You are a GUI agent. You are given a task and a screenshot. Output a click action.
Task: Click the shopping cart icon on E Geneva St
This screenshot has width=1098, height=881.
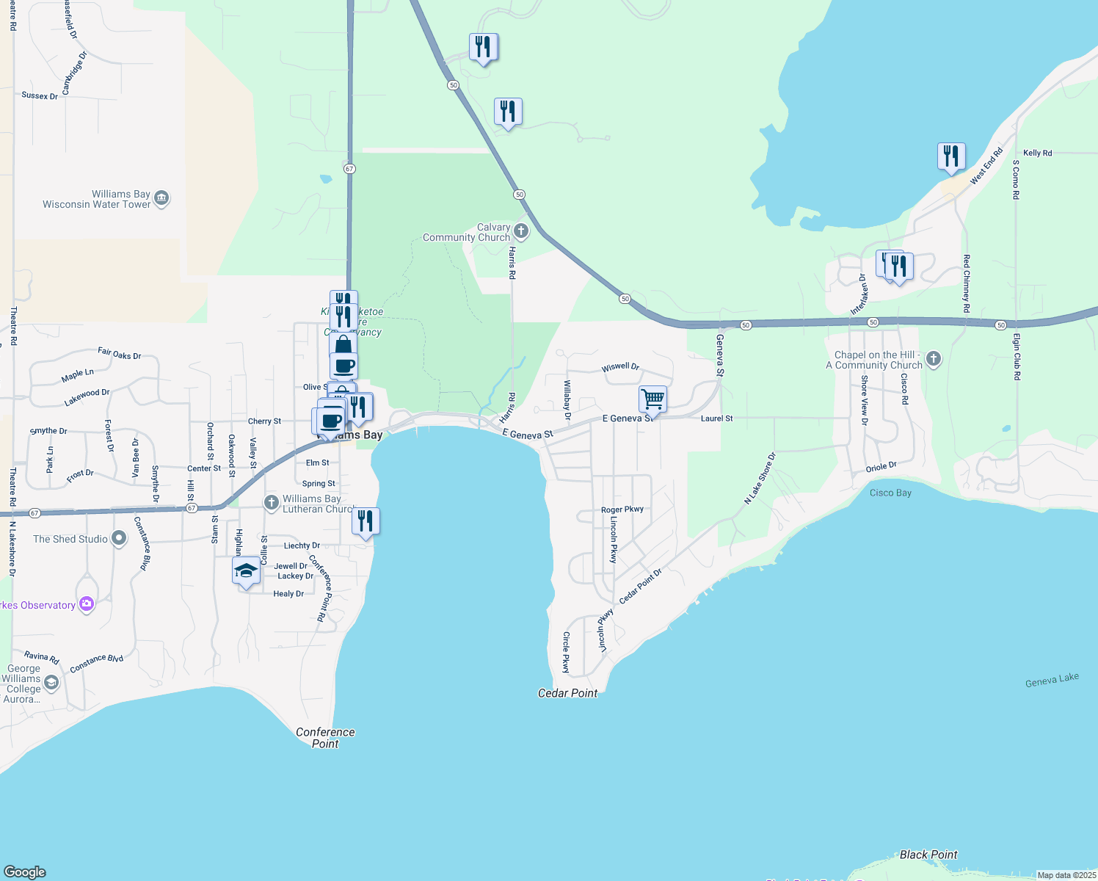tap(652, 400)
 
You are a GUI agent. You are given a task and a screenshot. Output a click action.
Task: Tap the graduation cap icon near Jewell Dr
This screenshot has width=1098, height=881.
tap(246, 570)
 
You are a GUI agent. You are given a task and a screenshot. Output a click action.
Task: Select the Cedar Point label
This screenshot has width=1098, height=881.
tap(567, 693)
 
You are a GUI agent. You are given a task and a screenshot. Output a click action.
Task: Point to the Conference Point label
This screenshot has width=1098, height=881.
tap(325, 738)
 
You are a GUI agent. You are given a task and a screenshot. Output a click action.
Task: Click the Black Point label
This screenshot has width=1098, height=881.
tap(928, 855)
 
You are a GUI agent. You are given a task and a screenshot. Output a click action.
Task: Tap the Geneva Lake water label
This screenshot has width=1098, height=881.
tap(1052, 680)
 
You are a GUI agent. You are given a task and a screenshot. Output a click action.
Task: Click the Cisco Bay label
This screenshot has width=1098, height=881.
tap(890, 493)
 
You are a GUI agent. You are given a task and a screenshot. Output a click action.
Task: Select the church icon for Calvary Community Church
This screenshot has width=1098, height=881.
tap(521, 231)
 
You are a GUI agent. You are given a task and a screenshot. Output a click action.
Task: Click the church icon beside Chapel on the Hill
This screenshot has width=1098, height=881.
tap(933, 359)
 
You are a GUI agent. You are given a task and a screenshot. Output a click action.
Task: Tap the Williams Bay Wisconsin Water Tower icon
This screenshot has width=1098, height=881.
tap(161, 198)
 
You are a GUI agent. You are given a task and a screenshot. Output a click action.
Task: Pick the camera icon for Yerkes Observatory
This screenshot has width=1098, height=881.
tap(87, 604)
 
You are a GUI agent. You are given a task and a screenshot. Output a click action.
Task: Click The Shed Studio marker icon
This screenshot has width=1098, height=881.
tap(118, 539)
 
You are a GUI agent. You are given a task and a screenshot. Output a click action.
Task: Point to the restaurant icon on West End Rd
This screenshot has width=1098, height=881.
tap(950, 156)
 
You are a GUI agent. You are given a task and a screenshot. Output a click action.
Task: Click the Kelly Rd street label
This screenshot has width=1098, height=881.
tap(1037, 153)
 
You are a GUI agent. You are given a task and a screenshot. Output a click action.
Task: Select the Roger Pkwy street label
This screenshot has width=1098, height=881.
tap(622, 510)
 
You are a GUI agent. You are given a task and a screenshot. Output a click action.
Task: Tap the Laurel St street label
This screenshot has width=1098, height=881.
tap(716, 418)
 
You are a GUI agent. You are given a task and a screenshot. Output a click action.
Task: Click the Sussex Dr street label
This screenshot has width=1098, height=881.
tap(40, 95)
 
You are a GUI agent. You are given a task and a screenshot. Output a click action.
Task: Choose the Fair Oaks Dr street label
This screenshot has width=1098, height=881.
tap(119, 354)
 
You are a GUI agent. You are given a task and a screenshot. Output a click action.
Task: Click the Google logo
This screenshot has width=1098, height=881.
tap(25, 872)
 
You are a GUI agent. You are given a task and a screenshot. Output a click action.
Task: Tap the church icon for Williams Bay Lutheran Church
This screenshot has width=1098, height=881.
tap(272, 503)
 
